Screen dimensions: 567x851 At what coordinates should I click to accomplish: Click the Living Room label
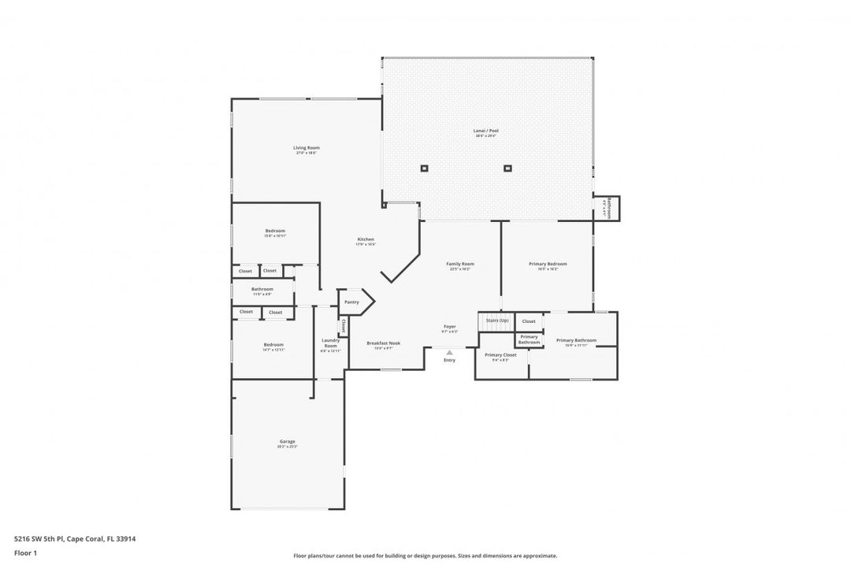click(x=307, y=148)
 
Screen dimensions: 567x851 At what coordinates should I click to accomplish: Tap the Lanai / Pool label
click(x=486, y=131)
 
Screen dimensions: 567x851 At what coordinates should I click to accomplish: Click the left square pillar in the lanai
click(x=424, y=168)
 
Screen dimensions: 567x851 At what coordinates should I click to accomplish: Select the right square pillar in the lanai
click(x=507, y=168)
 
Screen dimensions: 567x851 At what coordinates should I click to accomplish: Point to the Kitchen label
click(x=366, y=239)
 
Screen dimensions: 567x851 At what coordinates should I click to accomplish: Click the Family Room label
click(x=460, y=264)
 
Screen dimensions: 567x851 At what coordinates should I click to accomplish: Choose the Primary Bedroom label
click(x=548, y=264)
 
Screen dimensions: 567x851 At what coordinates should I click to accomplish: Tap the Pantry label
click(x=351, y=302)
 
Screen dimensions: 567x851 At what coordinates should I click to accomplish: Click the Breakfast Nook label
click(x=384, y=343)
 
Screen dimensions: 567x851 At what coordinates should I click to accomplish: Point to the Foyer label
click(x=449, y=326)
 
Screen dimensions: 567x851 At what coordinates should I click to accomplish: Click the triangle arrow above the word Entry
click(x=449, y=352)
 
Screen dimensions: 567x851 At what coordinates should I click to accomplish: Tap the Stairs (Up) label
click(x=496, y=321)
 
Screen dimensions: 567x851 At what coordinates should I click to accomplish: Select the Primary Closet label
click(x=500, y=355)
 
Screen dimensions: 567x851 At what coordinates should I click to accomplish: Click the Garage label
click(x=287, y=442)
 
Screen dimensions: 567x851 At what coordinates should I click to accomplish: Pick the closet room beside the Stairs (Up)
click(x=529, y=321)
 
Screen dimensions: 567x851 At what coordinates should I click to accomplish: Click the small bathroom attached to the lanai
click(x=608, y=209)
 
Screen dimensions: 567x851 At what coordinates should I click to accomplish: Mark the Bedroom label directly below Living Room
click(x=275, y=231)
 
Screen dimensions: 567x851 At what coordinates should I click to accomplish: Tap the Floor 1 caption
click(x=25, y=553)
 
